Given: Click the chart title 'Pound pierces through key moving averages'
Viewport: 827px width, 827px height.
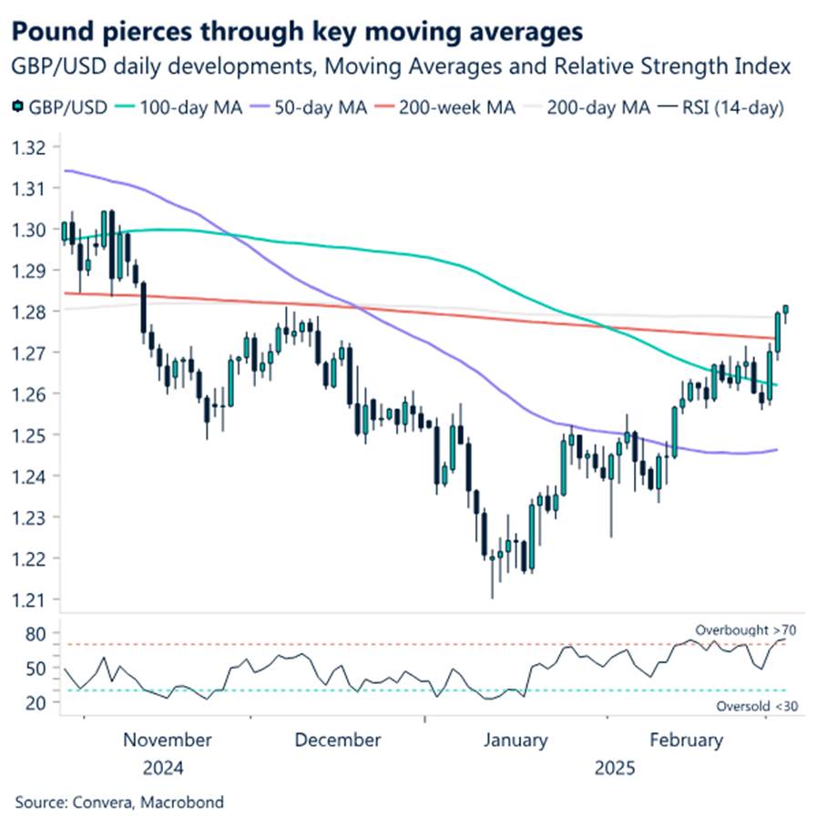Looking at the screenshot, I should point(297,33).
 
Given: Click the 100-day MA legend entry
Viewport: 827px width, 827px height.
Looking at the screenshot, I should point(181,107).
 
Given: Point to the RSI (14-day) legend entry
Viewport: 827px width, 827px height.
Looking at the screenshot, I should point(725,107).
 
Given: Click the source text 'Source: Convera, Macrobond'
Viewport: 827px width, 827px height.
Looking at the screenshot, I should point(118,802).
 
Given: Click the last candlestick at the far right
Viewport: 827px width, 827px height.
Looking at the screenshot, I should point(785,311).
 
